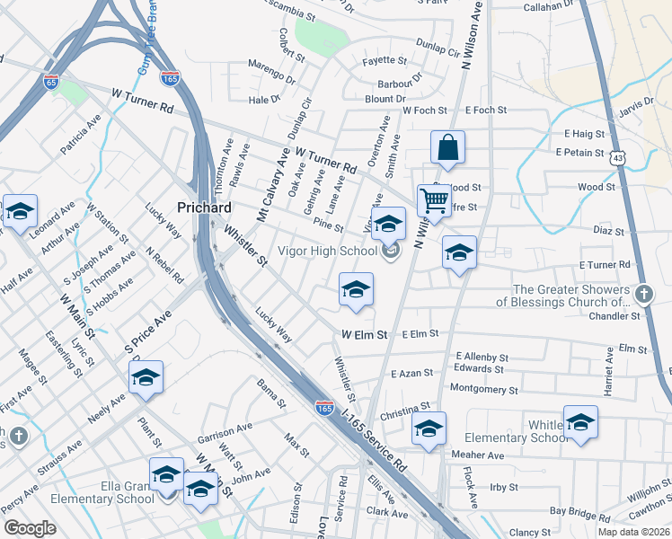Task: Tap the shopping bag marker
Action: click(x=447, y=148)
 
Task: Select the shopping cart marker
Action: click(x=434, y=201)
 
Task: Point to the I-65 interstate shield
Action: click(x=51, y=82)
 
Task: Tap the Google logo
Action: click(x=30, y=528)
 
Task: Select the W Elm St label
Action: click(x=364, y=334)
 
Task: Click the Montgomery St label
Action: click(x=483, y=390)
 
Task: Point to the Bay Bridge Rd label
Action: click(x=580, y=511)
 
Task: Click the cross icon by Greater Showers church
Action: click(x=643, y=295)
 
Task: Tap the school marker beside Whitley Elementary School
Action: click(x=580, y=421)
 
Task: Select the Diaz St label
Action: click(x=608, y=231)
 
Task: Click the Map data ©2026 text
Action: click(x=632, y=532)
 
